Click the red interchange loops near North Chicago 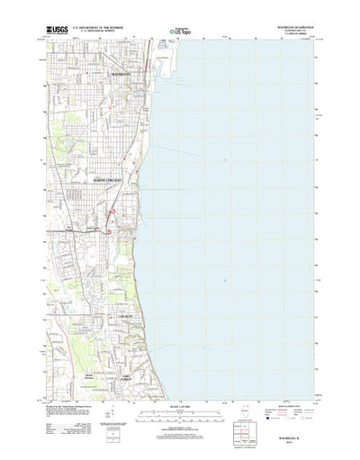coord(110,221)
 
